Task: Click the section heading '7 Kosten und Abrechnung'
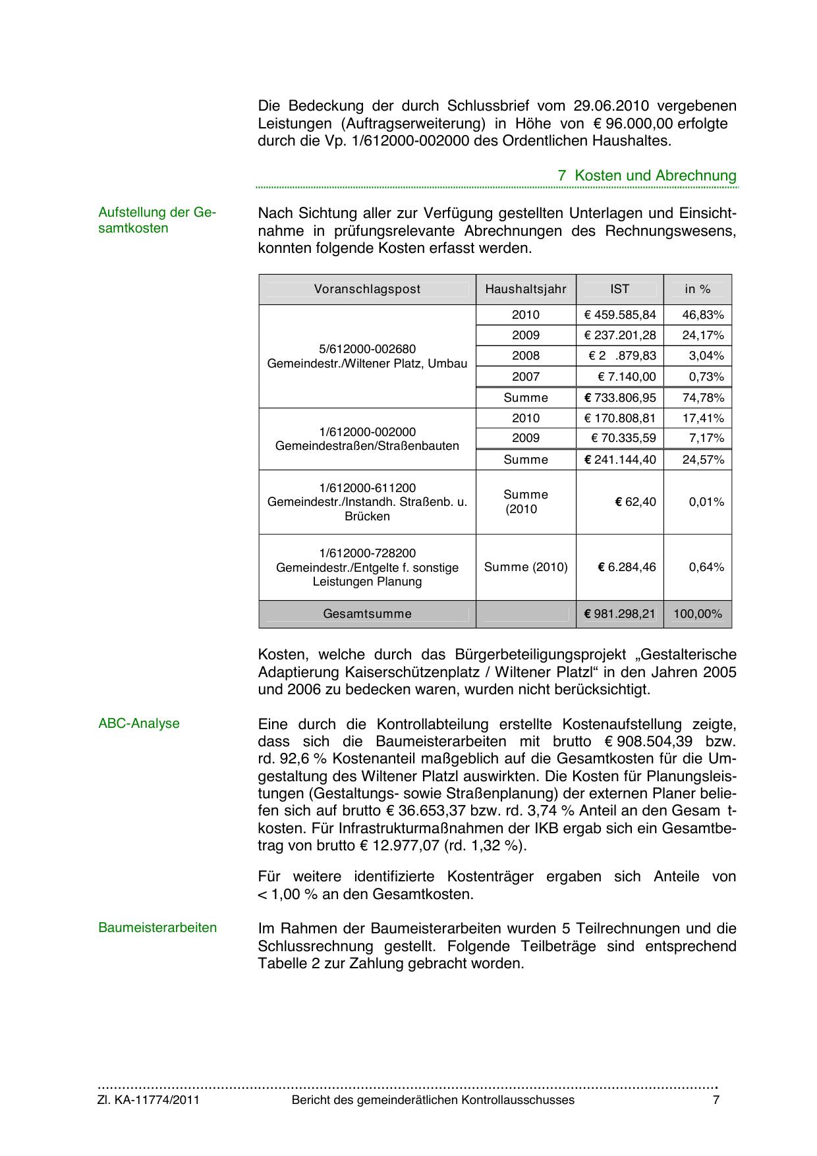click(x=647, y=176)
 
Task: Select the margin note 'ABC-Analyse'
click(x=139, y=723)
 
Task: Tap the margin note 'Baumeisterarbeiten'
click(x=157, y=927)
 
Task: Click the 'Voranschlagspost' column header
click(x=367, y=289)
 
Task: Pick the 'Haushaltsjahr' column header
click(x=526, y=289)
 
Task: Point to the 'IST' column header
click(x=619, y=289)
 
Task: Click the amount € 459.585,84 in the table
click(x=620, y=315)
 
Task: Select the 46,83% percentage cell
click(x=702, y=315)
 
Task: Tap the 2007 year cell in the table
click(x=526, y=377)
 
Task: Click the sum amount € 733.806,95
click(x=620, y=398)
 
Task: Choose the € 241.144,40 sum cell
click(x=620, y=460)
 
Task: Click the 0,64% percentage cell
click(x=706, y=567)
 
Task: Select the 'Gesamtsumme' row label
click(x=367, y=614)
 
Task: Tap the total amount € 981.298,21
click(x=620, y=614)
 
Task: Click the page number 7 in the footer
click(x=716, y=1100)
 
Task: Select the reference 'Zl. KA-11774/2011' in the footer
click(x=148, y=1100)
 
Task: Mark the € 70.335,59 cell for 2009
click(x=623, y=438)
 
